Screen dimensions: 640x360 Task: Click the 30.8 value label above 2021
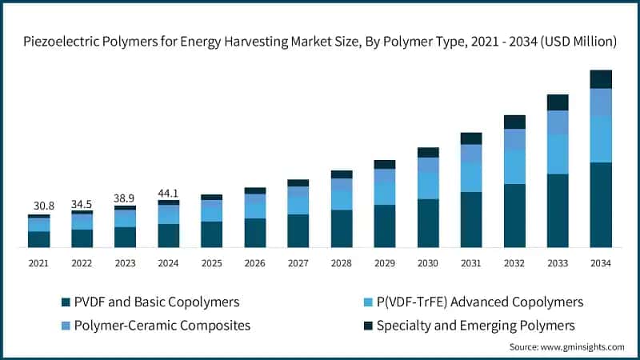tap(44, 206)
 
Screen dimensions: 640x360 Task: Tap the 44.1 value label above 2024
tap(168, 193)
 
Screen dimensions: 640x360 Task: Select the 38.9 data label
tap(124, 198)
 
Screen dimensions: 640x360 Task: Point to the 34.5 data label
tap(82, 204)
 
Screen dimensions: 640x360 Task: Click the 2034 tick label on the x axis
tap(601, 263)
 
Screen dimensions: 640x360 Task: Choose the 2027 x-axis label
tap(298, 263)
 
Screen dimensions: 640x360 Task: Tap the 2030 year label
tap(428, 263)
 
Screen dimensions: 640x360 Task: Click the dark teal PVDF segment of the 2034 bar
tap(601, 205)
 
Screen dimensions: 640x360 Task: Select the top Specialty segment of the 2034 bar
tap(601, 79)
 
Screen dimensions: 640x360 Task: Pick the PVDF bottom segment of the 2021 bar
tap(38, 239)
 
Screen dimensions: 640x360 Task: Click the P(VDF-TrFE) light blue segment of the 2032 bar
tap(514, 166)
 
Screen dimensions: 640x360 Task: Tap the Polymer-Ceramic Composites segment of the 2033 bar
tap(558, 122)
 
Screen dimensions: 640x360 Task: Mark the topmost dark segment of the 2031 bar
tap(471, 138)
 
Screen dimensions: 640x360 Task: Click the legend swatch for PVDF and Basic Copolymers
tap(66, 302)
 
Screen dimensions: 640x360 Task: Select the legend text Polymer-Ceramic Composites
tap(162, 326)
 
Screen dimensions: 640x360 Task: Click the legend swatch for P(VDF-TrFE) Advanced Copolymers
tap(368, 302)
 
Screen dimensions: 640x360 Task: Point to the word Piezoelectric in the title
tap(59, 42)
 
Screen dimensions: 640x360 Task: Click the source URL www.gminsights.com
tap(582, 347)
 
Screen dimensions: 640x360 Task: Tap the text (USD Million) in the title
tap(578, 42)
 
